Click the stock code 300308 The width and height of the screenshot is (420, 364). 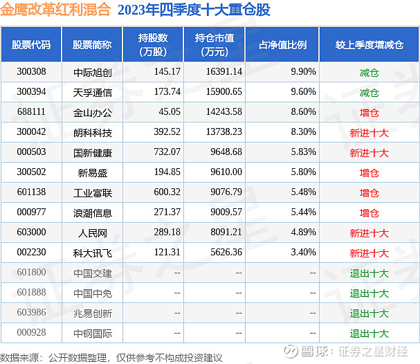31,72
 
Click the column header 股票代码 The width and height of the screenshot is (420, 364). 31,44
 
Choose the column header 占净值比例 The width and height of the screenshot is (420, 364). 283,44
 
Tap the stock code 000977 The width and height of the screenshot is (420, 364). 31,213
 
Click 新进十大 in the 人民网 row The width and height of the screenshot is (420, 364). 369,233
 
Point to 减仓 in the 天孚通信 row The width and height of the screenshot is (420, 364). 369,92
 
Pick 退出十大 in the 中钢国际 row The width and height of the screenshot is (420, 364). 369,334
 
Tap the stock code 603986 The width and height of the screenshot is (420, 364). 31,313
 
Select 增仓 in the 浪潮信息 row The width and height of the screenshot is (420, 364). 369,213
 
